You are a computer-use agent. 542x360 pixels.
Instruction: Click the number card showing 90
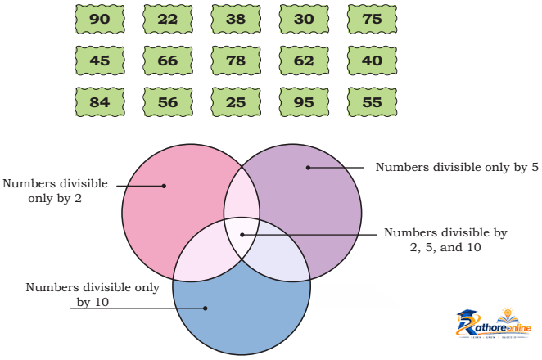coord(100,19)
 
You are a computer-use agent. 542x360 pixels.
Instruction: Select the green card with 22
coord(168,19)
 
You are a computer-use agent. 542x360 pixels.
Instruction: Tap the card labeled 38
coord(236,19)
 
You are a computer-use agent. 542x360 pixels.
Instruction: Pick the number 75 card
coord(373,19)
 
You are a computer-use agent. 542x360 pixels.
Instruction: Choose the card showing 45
coord(100,61)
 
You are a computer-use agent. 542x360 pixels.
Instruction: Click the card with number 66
coord(168,61)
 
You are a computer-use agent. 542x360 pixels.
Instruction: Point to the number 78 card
coord(236,61)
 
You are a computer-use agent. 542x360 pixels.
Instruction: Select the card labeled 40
coord(373,61)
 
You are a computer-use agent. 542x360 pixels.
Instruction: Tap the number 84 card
coord(100,102)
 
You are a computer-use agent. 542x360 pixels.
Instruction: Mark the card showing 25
coord(236,102)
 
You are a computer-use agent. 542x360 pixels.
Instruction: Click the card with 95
coord(305,102)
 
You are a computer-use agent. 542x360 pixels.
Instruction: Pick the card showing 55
coord(373,102)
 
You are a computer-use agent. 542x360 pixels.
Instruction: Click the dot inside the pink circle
coord(165,186)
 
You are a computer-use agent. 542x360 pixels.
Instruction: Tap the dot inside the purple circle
coord(309,168)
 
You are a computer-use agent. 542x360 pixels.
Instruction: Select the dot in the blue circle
coord(206,308)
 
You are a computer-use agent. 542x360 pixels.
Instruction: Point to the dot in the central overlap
coord(242,235)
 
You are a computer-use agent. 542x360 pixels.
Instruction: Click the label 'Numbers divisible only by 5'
coord(457,168)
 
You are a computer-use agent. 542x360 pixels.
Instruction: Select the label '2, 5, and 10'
coord(445,247)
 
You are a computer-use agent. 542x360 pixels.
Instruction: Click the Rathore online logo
coord(493,323)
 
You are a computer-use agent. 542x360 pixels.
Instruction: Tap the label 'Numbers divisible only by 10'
coord(93,295)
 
